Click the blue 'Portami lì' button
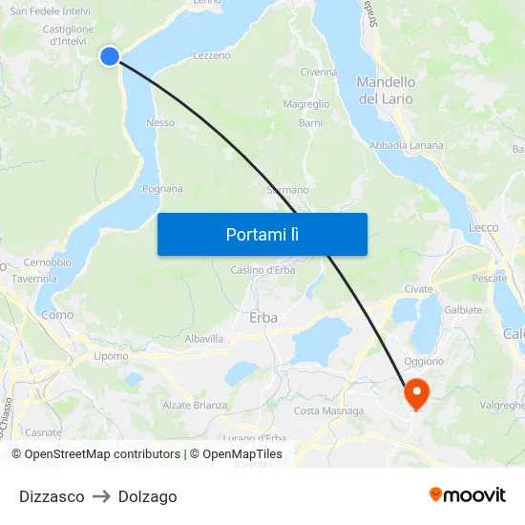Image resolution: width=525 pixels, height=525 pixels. click(x=262, y=234)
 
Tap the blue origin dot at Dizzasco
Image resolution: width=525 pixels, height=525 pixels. click(x=110, y=56)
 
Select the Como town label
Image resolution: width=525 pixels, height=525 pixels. click(x=57, y=315)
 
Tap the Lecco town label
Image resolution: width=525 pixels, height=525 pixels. click(x=483, y=227)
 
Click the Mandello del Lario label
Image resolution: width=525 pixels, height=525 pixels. click(x=386, y=90)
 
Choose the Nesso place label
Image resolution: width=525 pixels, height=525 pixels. click(x=160, y=122)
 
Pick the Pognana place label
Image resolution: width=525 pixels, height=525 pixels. click(x=162, y=189)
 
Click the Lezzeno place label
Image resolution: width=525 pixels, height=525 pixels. click(x=212, y=55)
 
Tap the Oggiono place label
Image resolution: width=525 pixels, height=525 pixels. click(x=424, y=361)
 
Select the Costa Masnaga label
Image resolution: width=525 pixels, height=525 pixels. click(x=328, y=411)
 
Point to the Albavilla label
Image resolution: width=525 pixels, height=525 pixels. click(x=203, y=338)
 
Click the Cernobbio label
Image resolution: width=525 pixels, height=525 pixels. click(x=48, y=262)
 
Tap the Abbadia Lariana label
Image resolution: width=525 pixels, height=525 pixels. click(x=407, y=145)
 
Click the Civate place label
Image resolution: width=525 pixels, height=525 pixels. click(x=418, y=288)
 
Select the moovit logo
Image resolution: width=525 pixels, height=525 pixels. click(x=468, y=494)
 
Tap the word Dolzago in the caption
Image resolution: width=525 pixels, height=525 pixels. click(x=148, y=496)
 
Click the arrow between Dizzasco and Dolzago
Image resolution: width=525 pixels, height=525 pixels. click(x=101, y=496)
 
